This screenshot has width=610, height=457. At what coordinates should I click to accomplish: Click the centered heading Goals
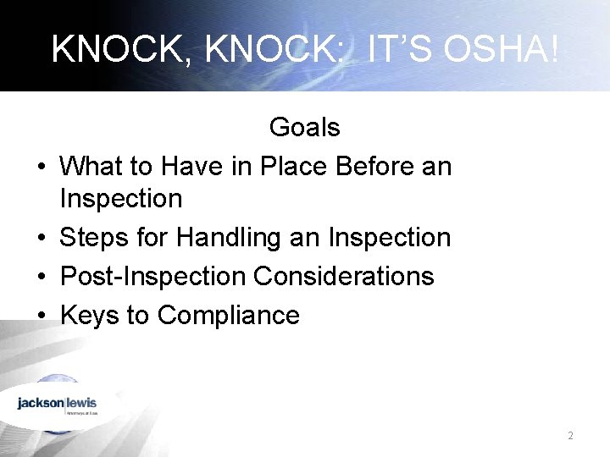[304, 128]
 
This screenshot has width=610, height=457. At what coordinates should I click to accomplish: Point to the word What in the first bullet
[93, 167]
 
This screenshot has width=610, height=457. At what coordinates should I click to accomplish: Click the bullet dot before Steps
[42, 239]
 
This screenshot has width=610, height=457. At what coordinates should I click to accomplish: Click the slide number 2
[570, 436]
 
